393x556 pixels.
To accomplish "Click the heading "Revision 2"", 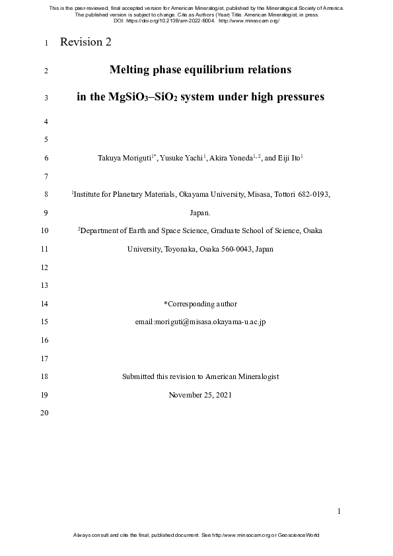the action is (x=85, y=43).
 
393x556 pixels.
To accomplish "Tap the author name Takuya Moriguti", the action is (x=124, y=158).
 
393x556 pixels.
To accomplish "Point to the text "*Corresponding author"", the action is (x=200, y=304).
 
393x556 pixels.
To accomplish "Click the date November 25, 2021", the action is (x=200, y=395).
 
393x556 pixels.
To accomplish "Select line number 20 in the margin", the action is (x=45, y=413).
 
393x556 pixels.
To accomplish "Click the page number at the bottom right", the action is (x=339, y=511).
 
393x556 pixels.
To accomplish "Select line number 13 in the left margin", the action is (x=45, y=286).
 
